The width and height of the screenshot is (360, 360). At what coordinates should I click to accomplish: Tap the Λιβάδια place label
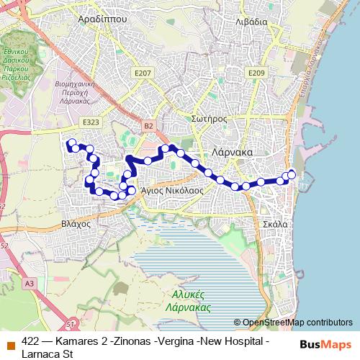(251, 22)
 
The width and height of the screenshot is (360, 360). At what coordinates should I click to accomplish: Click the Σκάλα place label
(276, 224)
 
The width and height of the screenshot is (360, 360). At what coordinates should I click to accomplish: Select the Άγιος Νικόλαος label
(171, 191)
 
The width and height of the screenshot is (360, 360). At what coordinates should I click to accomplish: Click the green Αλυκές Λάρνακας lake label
(192, 301)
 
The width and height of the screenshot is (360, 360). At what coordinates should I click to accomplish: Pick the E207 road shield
(143, 73)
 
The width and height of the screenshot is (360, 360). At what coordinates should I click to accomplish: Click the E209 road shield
(256, 73)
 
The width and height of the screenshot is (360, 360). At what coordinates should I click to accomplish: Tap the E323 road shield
(91, 123)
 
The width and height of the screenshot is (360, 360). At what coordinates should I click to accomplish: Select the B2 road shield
(148, 126)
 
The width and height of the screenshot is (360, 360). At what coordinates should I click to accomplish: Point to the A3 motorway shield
(30, 284)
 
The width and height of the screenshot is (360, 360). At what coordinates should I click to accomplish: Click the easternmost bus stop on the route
(292, 174)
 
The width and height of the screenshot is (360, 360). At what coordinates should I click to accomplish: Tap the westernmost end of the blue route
(69, 143)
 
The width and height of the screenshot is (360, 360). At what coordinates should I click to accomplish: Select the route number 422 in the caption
(31, 341)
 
